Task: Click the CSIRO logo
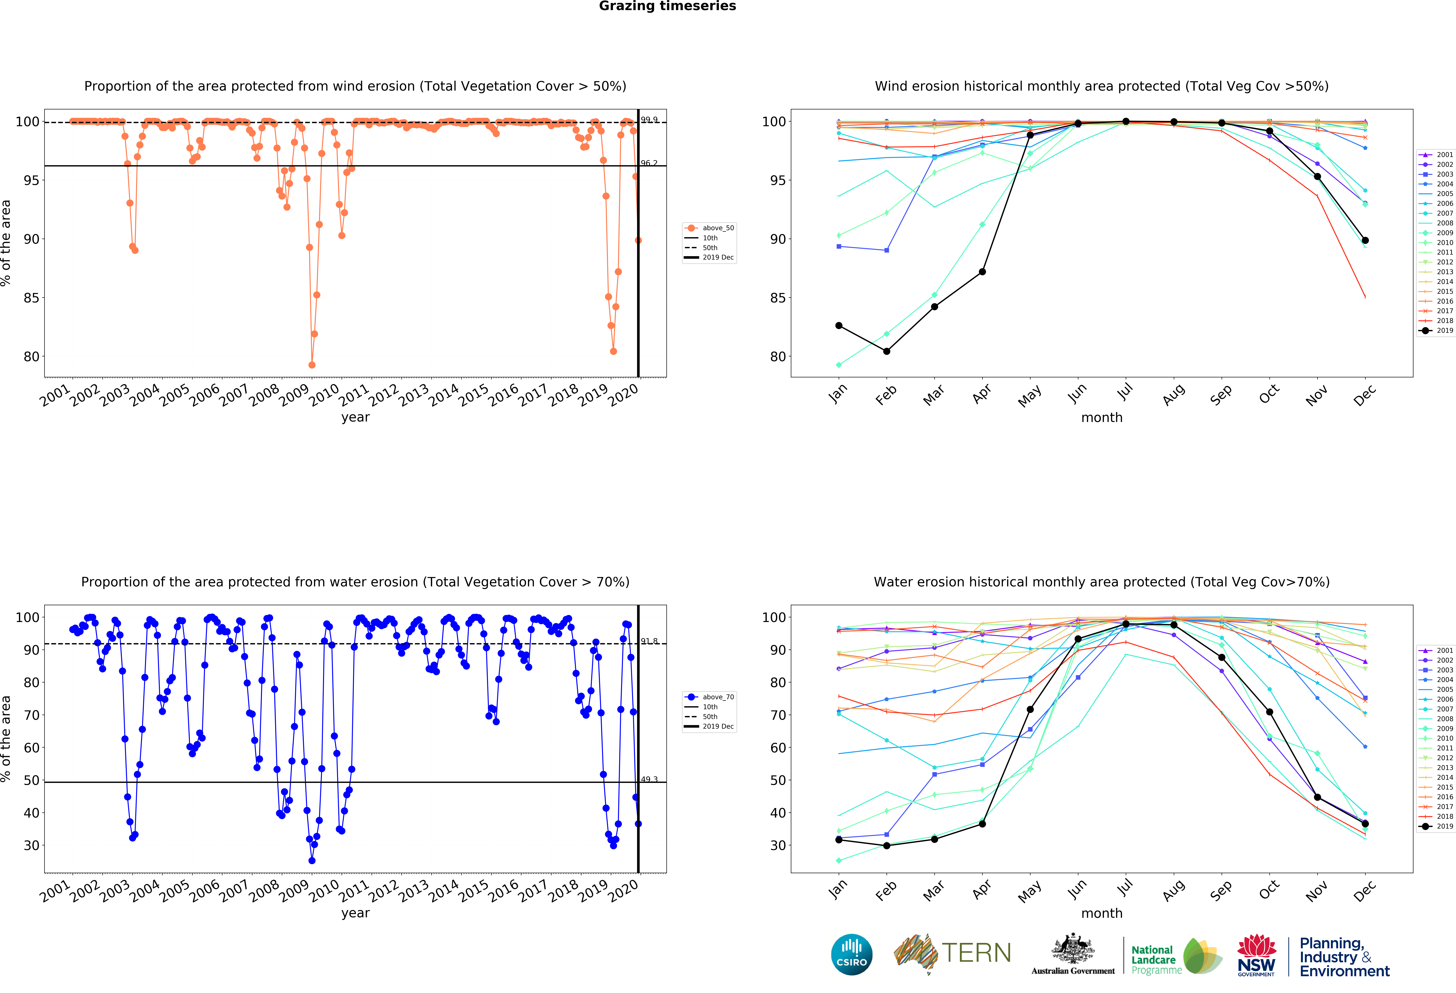tap(851, 955)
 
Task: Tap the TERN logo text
tap(976, 953)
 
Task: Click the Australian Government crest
tap(1073, 950)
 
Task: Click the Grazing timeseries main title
tap(667, 6)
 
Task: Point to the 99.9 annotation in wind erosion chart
tap(649, 120)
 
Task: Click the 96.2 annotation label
tap(649, 163)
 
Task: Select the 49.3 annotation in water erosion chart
tap(649, 779)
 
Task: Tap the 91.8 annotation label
tap(649, 641)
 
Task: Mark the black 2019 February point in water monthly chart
tap(887, 846)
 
